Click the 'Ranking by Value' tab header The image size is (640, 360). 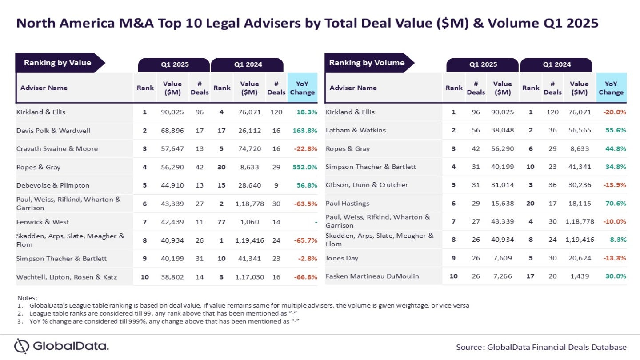pyautogui.click(x=57, y=63)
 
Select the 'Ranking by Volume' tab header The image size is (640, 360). pyautogui.click(x=367, y=63)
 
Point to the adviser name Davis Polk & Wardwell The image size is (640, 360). pyautogui.click(x=53, y=130)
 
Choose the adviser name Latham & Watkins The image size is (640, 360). pyautogui.click(x=356, y=130)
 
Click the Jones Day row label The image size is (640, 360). pyautogui.click(x=342, y=258)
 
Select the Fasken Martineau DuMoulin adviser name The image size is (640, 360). pyautogui.click(x=372, y=276)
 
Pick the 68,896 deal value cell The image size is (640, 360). pyautogui.click(x=172, y=130)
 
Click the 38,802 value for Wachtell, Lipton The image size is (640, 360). pyautogui.click(x=172, y=277)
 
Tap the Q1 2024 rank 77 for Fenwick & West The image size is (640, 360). pyautogui.click(x=221, y=222)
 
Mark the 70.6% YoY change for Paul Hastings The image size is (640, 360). pyautogui.click(x=615, y=203)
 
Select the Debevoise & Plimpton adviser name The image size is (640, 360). pyautogui.click(x=53, y=185)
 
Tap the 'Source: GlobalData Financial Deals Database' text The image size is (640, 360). pyautogui.click(x=541, y=347)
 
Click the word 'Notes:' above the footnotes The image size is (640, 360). pyautogui.click(x=27, y=297)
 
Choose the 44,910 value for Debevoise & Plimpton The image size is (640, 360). pyautogui.click(x=172, y=185)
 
